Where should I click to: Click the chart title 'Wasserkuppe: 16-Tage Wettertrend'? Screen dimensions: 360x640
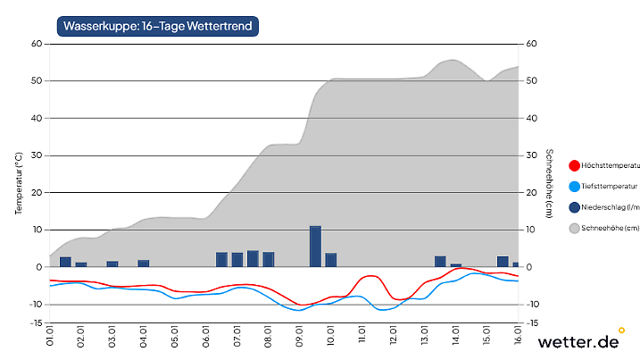(158, 27)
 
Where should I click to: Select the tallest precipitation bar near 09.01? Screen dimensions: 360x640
(315, 246)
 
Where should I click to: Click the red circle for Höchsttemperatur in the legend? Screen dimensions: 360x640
(574, 165)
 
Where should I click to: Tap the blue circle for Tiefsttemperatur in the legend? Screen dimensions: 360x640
(574, 187)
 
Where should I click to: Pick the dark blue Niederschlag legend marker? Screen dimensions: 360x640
(574, 208)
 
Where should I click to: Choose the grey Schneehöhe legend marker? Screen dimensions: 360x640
(574, 229)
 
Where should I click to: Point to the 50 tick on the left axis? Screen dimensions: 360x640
(37, 81)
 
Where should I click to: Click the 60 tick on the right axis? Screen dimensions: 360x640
(532, 44)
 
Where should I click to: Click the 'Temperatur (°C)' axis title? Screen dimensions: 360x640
(19, 183)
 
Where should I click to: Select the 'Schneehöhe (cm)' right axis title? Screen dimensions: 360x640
(550, 183)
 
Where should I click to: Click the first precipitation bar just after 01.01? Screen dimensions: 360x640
(65, 261)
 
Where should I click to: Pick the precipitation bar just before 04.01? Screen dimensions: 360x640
(143, 263)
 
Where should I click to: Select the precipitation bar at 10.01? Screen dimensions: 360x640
(331, 260)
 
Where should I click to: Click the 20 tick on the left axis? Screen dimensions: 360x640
(37, 193)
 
